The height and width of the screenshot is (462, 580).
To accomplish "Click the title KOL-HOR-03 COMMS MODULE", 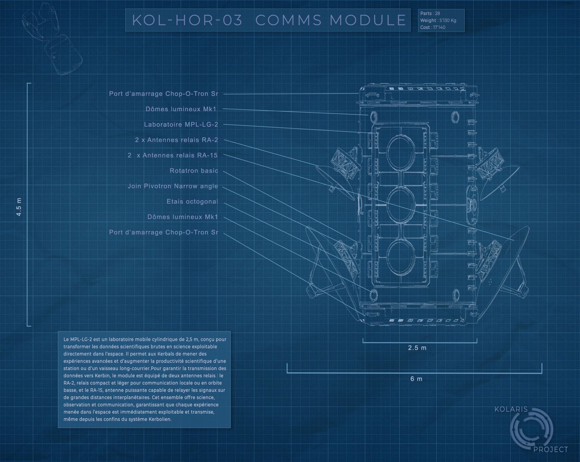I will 268,20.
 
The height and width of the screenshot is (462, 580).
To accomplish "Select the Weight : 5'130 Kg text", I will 438,20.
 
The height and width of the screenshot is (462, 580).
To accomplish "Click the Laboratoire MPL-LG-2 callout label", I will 181,125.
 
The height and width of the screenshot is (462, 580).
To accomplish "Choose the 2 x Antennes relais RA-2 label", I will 176,140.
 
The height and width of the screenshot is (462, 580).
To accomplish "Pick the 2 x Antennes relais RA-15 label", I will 172,155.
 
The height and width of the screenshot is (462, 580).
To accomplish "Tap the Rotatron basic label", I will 194,171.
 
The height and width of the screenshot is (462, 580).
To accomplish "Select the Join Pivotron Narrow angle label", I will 172,186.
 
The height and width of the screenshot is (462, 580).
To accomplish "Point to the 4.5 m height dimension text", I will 19,207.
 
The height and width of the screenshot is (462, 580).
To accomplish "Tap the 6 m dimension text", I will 416,379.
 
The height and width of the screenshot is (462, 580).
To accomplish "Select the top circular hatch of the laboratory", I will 401,152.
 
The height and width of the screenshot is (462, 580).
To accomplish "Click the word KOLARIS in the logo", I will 511,409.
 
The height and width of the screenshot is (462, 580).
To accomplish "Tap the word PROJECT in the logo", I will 551,450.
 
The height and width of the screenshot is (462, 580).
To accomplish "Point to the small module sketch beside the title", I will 53,39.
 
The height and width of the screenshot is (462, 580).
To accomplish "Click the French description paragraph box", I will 144,379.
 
